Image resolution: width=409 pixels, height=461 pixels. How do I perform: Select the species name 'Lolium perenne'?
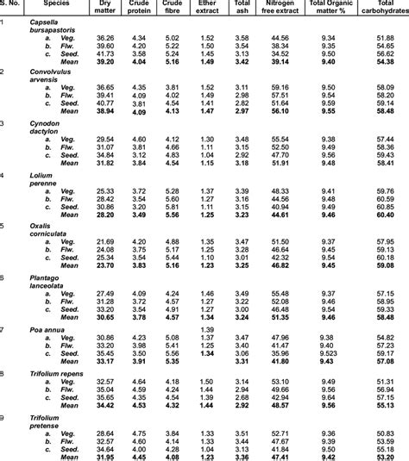click(x=46, y=178)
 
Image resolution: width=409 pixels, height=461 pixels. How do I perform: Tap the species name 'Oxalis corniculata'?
click(x=50, y=229)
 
